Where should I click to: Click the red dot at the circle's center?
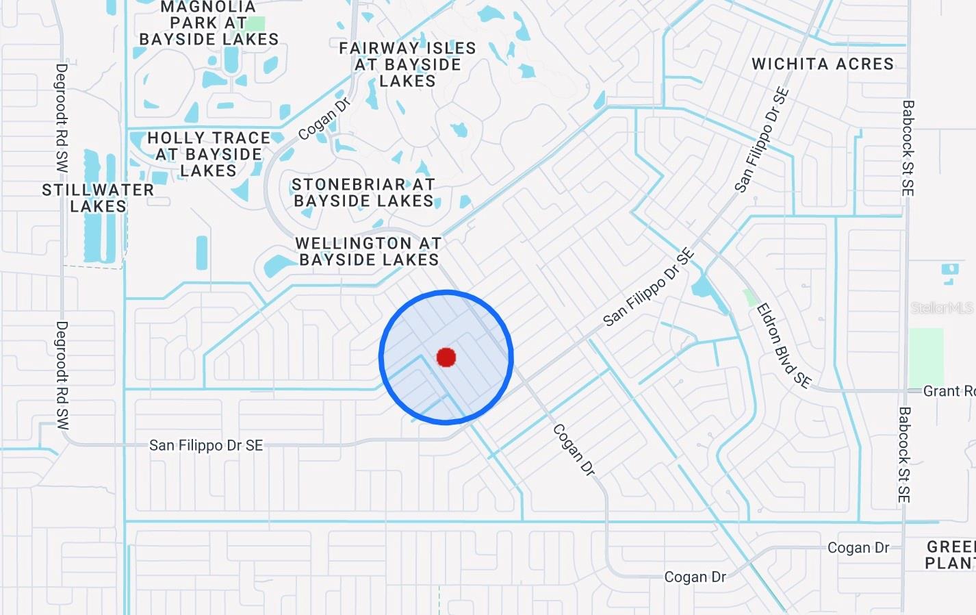pos(446,357)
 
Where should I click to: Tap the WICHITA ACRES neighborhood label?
pos(823,64)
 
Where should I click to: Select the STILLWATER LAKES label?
pos(98,198)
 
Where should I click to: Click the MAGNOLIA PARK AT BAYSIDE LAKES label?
pos(209,23)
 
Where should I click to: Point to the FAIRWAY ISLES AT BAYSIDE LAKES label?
pos(407,64)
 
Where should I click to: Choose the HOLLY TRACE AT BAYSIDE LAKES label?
pos(209,154)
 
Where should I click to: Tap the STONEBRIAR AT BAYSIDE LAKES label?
pos(363,192)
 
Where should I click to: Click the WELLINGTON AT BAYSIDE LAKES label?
pos(369,251)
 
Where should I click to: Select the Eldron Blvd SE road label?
pos(784,346)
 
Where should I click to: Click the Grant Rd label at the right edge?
pos(949,391)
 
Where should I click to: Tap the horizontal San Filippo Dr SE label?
pos(206,445)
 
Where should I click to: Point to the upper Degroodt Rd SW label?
pos(62,118)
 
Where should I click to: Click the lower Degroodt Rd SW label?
pos(62,375)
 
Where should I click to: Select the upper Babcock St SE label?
pos(908,148)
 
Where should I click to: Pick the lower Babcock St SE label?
pos(904,455)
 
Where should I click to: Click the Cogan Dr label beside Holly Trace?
pos(324,118)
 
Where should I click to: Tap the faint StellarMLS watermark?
pos(941,308)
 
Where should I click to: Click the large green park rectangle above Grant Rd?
pos(925,356)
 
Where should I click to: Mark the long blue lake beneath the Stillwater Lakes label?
pos(202,252)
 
